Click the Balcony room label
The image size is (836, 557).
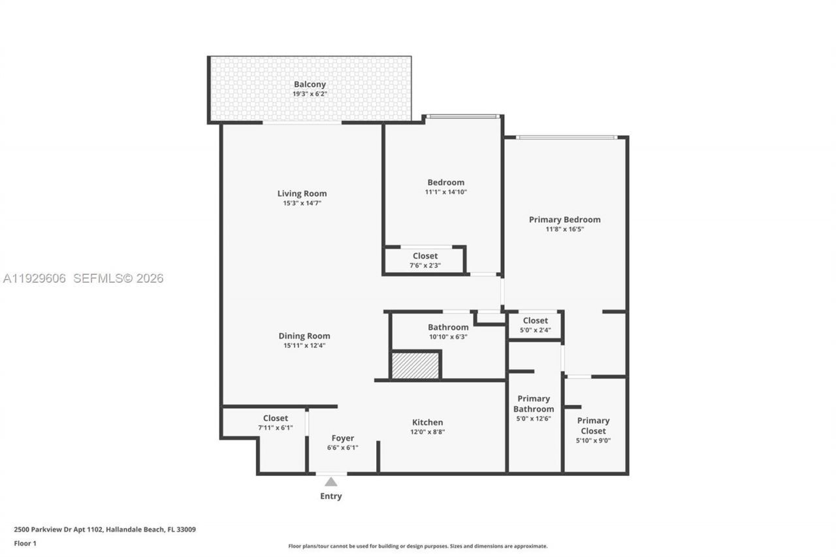pyautogui.click(x=310, y=84)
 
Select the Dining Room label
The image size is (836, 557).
pyautogui.click(x=304, y=336)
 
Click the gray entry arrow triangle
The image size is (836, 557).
pyautogui.click(x=331, y=482)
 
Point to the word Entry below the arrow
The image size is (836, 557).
pyautogui.click(x=331, y=496)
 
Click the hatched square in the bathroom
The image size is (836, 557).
pyautogui.click(x=415, y=366)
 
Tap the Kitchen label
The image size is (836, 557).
pyautogui.click(x=428, y=422)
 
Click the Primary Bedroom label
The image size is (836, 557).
pyautogui.click(x=565, y=219)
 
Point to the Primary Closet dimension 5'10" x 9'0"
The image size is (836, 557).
pyautogui.click(x=594, y=441)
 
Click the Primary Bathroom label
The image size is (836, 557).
pyautogui.click(x=534, y=404)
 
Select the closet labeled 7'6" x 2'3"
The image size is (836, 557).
pyautogui.click(x=425, y=260)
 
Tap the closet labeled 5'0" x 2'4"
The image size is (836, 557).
pyautogui.click(x=536, y=325)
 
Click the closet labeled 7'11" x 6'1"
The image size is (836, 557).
pyautogui.click(x=276, y=422)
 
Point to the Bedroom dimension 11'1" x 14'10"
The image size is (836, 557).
pyautogui.click(x=446, y=193)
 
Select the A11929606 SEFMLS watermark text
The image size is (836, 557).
pyautogui.click(x=83, y=279)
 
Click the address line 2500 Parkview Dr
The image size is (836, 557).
pyautogui.click(x=105, y=530)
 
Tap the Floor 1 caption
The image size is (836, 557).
pyautogui.click(x=25, y=543)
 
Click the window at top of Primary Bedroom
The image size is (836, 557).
pyautogui.click(x=566, y=137)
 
